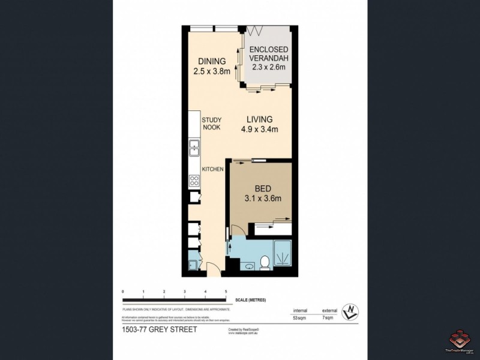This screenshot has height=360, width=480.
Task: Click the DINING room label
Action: click(209, 61)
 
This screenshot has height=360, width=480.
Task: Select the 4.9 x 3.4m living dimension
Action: click(259, 129)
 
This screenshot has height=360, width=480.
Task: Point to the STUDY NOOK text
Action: click(212, 124)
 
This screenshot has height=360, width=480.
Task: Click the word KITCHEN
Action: click(212, 169)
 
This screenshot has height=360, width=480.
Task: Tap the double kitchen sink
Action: click(194, 147)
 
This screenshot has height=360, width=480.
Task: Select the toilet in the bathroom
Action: click(264, 262)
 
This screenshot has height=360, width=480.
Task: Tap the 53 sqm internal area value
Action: click(299, 317)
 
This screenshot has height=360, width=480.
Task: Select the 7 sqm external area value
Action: click(328, 317)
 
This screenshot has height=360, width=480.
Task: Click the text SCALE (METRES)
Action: click(251, 299)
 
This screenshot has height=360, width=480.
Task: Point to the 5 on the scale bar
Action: click(226, 292)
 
